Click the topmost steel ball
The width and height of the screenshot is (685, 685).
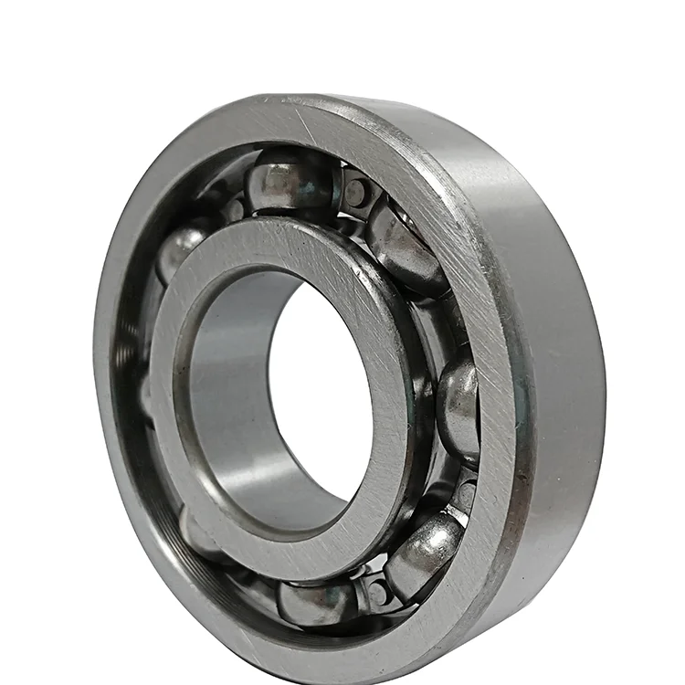tap(290, 181)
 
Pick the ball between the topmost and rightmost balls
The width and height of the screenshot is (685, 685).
tap(408, 248)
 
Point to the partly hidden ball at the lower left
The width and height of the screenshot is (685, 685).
tap(196, 539)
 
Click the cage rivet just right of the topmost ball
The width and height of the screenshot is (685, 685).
tap(357, 192)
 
